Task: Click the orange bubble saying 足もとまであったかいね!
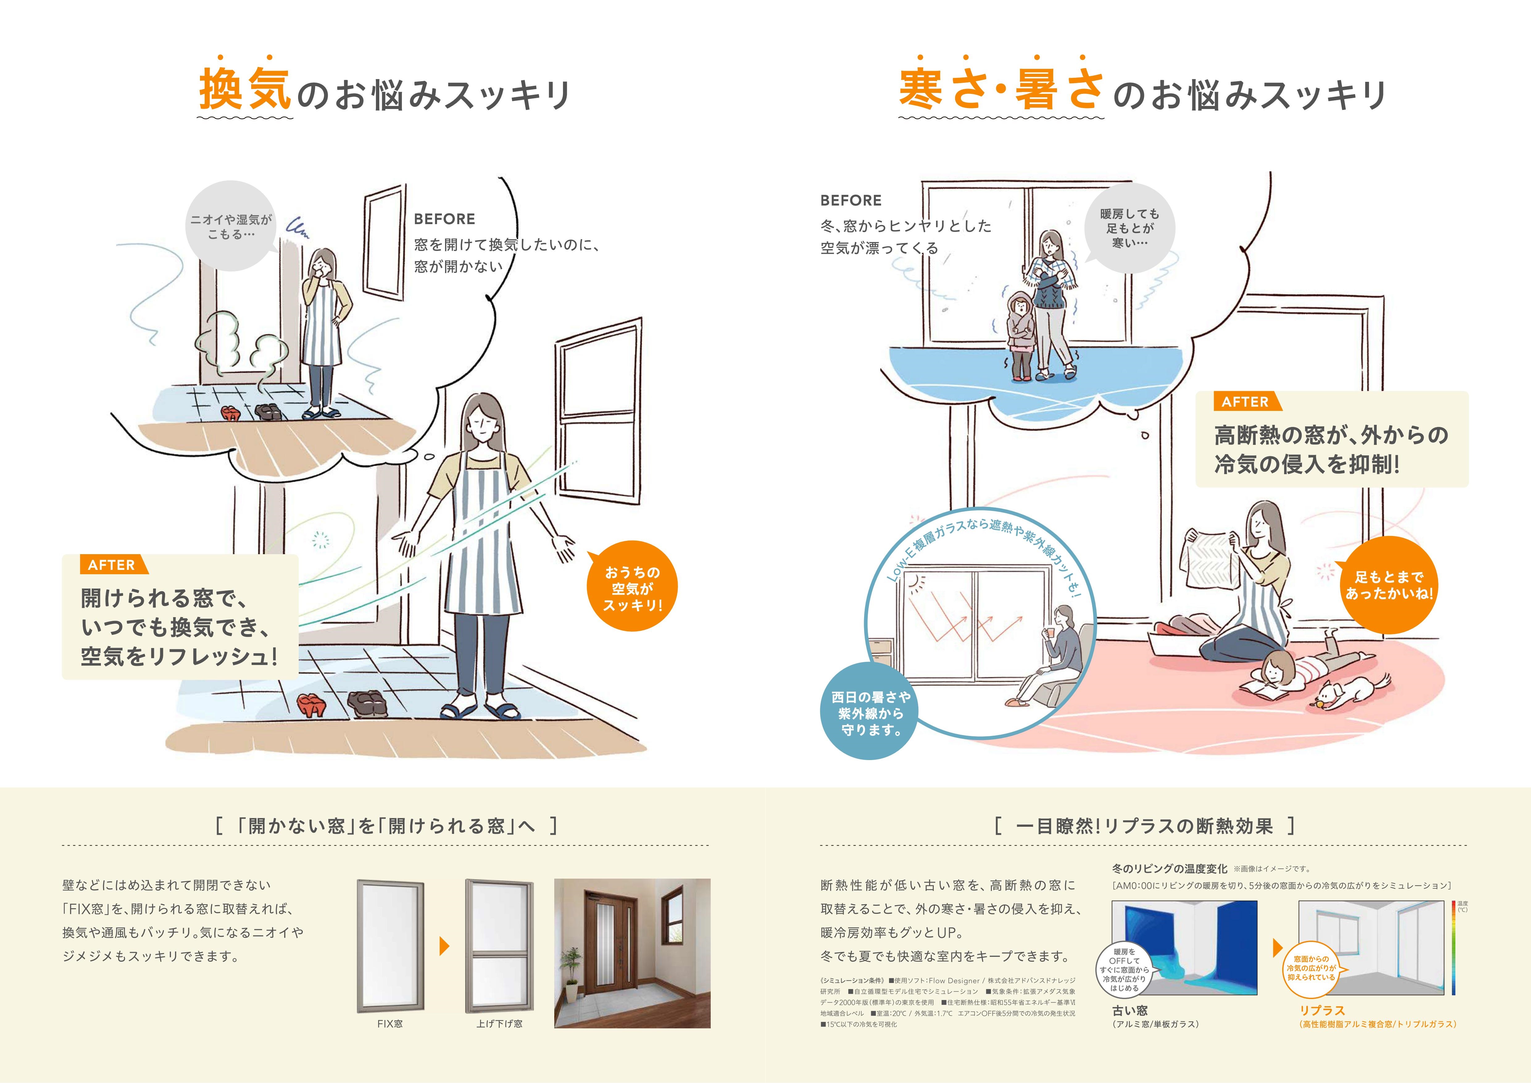(x=1388, y=585)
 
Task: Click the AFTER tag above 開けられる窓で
(x=111, y=565)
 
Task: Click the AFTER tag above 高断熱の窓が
(x=1244, y=401)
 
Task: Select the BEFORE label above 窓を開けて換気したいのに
(x=444, y=219)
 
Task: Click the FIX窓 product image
(x=390, y=946)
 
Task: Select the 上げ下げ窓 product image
(x=499, y=946)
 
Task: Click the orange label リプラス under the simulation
(x=1322, y=1010)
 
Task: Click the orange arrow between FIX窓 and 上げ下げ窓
(x=444, y=946)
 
